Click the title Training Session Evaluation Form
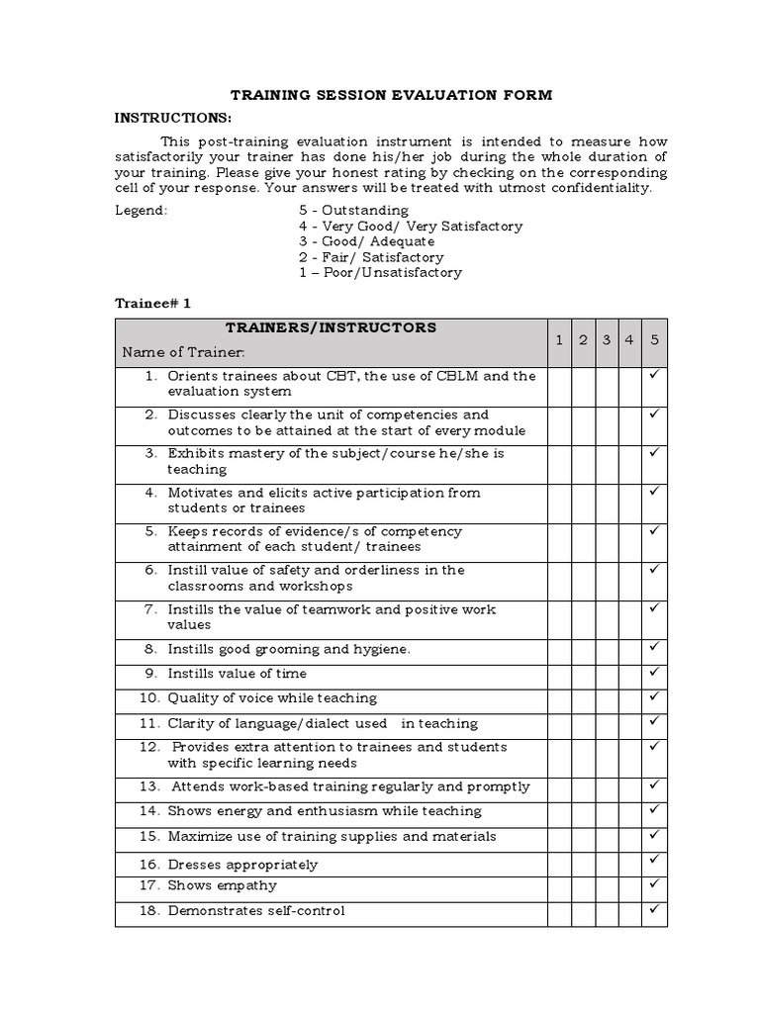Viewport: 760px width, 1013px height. point(391,95)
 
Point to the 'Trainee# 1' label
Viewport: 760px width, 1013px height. point(152,304)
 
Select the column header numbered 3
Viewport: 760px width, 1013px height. point(607,340)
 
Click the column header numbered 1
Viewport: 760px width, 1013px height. point(558,340)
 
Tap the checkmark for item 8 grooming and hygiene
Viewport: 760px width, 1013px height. point(654,647)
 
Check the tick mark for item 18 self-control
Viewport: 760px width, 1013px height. point(654,908)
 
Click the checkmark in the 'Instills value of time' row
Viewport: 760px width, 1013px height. point(654,672)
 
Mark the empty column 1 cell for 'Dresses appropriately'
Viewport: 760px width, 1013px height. point(558,863)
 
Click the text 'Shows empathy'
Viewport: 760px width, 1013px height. point(222,885)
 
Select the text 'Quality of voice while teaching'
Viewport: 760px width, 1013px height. point(271,697)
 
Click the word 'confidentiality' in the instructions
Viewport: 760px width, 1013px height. point(600,188)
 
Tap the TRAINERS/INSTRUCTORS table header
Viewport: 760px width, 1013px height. point(331,327)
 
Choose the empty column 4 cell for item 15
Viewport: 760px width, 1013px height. point(629,837)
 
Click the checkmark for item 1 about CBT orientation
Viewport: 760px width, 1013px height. point(654,376)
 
